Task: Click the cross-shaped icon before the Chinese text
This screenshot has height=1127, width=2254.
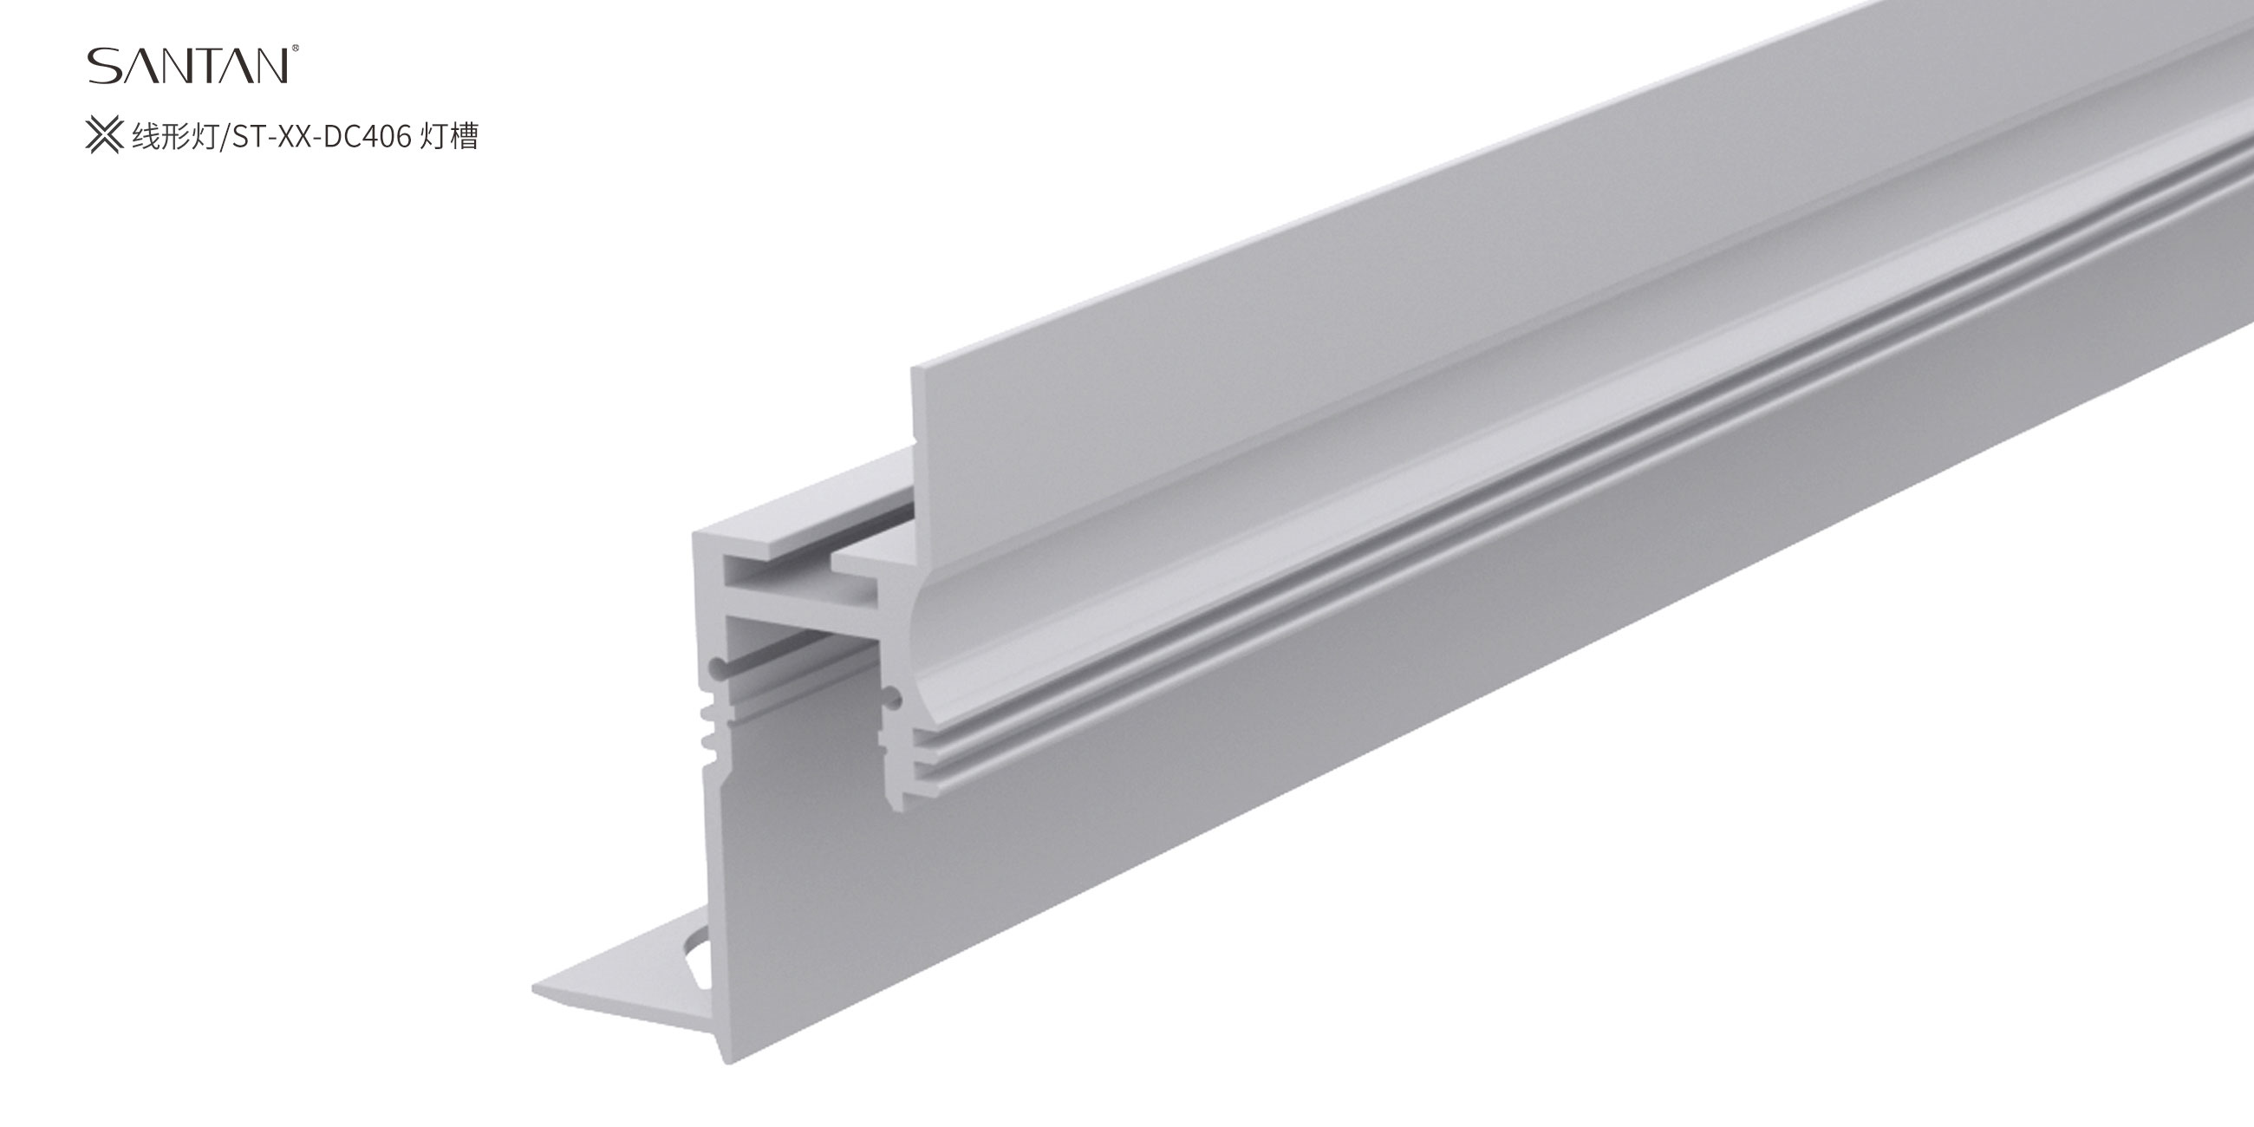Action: click(104, 136)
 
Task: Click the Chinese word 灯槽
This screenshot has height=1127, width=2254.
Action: click(449, 137)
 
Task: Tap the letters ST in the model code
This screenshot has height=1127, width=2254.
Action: click(244, 137)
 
